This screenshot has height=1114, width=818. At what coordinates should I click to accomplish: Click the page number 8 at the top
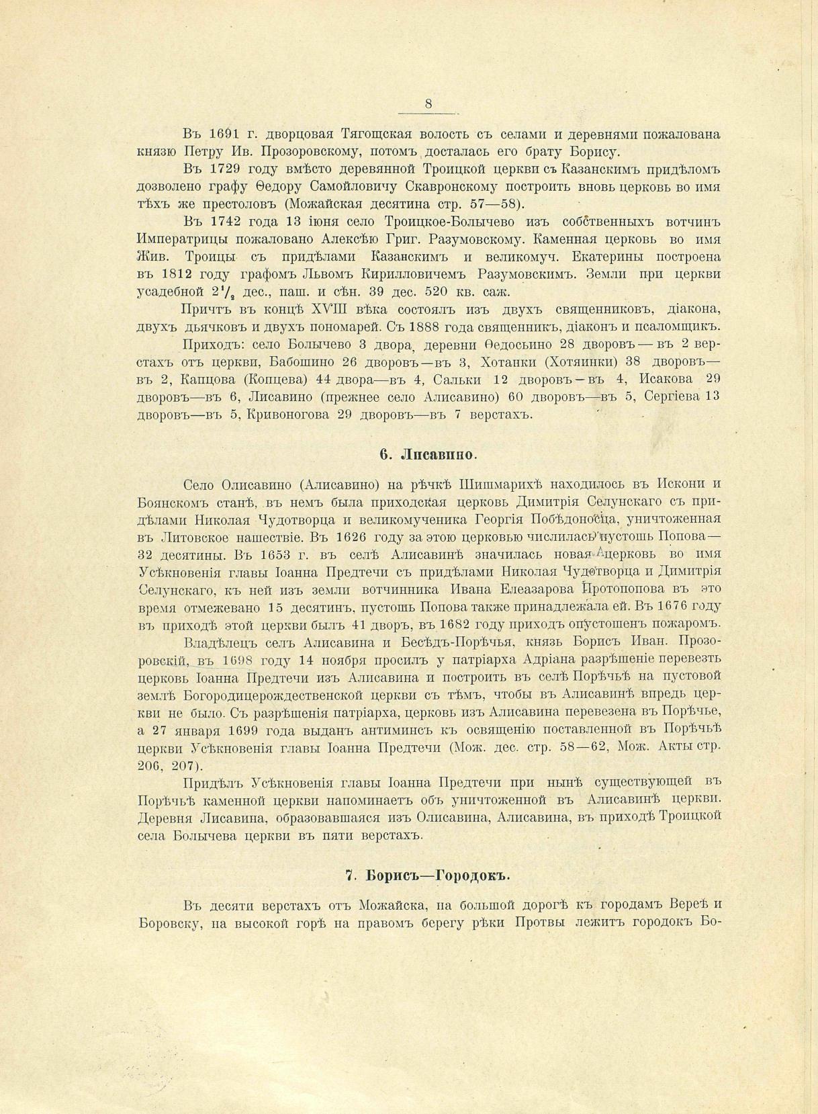428,103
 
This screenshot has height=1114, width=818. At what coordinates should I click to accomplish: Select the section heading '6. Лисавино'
428,454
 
